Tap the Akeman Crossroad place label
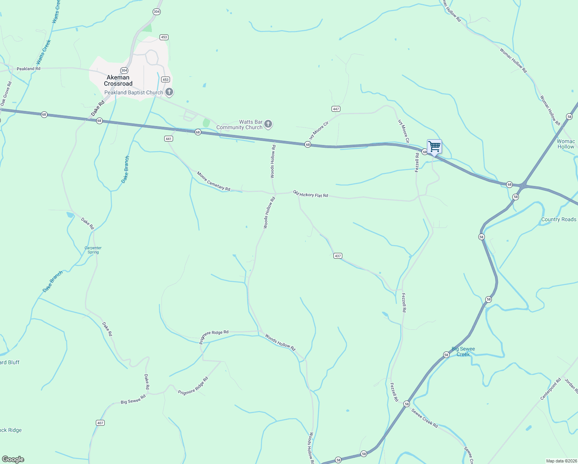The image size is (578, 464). click(118, 80)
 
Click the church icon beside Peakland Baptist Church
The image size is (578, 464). click(169, 92)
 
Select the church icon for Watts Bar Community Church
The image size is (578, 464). click(268, 124)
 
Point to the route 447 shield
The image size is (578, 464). click(336, 109)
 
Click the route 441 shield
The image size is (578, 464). click(168, 138)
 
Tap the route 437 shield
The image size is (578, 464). click(338, 256)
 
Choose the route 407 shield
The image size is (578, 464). click(100, 423)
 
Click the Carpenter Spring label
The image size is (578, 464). click(93, 250)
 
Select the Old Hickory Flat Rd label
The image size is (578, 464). click(310, 194)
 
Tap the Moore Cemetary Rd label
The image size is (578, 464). click(213, 181)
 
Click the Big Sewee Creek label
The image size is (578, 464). click(463, 351)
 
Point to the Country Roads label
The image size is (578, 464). click(559, 219)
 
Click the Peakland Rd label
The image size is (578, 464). click(29, 69)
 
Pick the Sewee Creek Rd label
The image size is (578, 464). click(425, 418)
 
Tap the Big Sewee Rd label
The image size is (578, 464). click(133, 399)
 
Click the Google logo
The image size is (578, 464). click(13, 459)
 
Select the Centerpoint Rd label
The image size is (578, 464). click(550, 389)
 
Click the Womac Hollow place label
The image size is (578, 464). click(566, 144)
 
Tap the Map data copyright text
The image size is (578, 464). click(561, 461)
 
